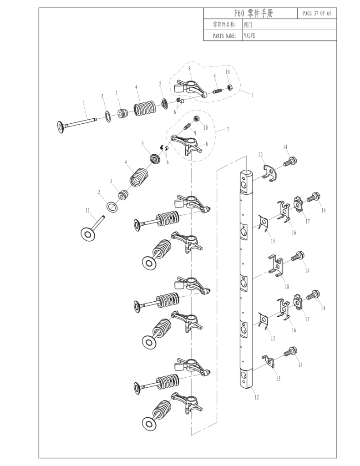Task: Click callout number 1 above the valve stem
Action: [84, 103]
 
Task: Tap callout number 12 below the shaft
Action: [256, 397]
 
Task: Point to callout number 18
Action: [287, 286]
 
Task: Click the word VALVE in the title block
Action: [249, 35]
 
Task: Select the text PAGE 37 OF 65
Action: [317, 13]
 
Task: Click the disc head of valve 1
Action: [61, 127]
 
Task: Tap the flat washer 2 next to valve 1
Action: [107, 116]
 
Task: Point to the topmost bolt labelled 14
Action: [290, 161]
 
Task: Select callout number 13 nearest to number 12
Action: [277, 378]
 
